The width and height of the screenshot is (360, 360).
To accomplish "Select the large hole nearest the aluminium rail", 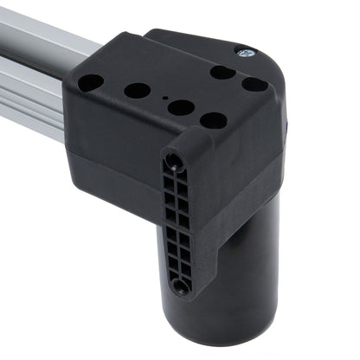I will (90, 82).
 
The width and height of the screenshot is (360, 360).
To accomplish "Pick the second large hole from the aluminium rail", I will (137, 90).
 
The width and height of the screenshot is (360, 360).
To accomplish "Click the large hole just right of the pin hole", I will (181, 107).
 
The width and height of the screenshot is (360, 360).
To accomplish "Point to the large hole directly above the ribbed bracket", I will (213, 120).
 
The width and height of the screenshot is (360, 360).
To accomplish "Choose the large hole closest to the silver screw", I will (222, 72).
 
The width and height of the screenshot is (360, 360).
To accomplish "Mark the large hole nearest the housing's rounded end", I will (254, 84).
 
